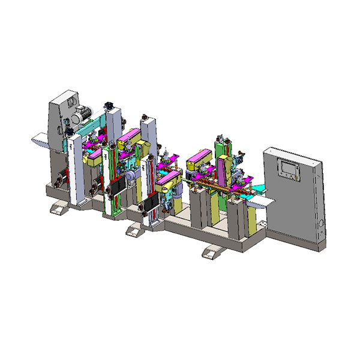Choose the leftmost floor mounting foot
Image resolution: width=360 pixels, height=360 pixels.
coord(59,208)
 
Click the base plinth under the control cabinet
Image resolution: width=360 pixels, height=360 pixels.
coord(297,238)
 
